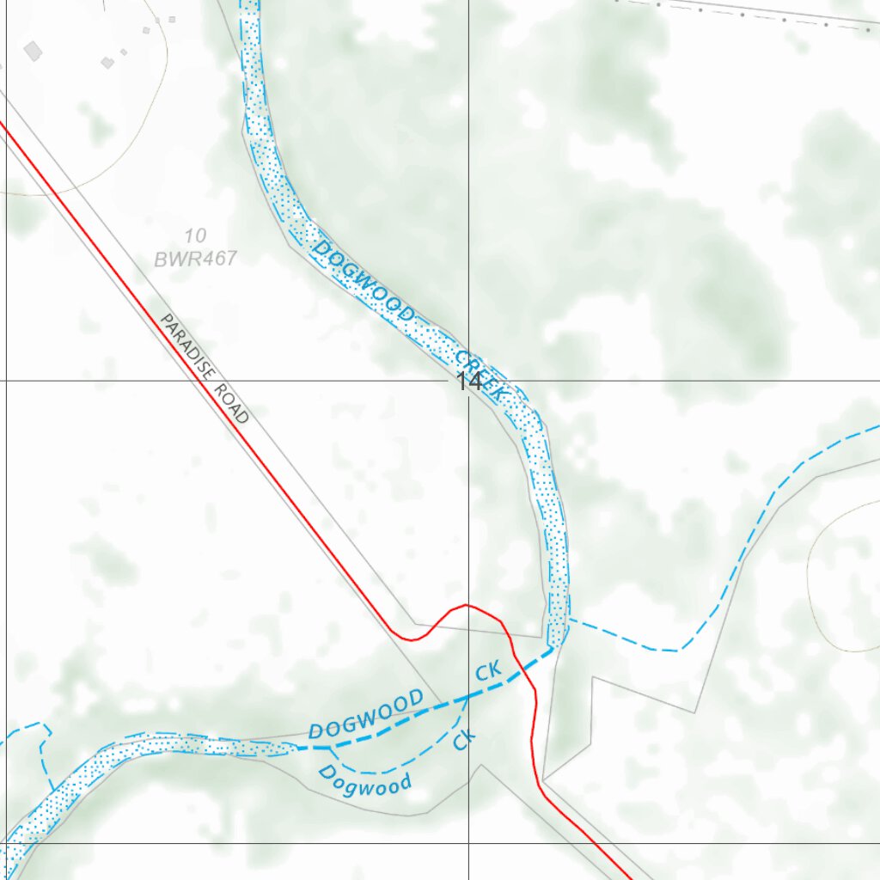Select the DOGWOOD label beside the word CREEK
coord(364,283)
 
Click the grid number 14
coord(469,382)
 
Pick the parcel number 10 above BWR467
coord(195,235)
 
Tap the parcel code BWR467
coord(195,258)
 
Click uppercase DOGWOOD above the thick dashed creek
coord(366,713)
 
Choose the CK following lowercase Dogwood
coord(464,739)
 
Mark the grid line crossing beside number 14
coord(468,380)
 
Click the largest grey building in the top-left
coord(33,51)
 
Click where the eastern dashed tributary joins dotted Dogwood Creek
coord(567,619)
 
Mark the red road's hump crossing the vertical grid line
coord(468,605)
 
